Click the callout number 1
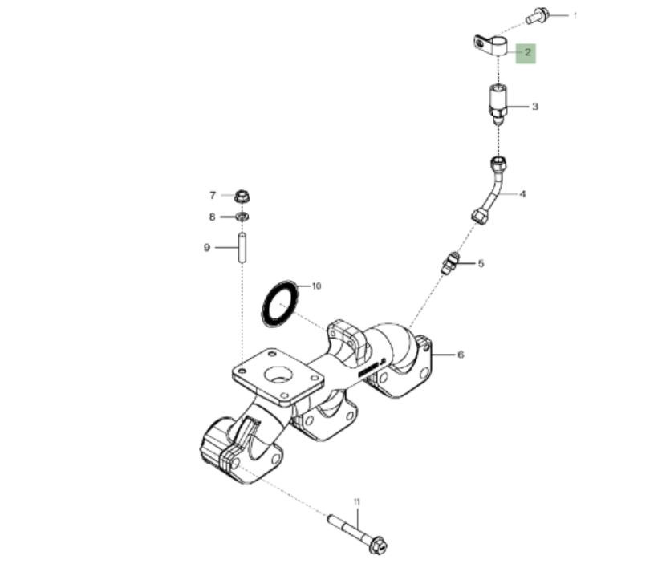click(x=575, y=16)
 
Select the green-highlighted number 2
click(x=527, y=53)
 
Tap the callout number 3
click(x=535, y=107)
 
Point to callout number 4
click(x=522, y=194)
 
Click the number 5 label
click(x=481, y=263)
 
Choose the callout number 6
click(x=461, y=355)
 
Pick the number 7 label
click(x=213, y=195)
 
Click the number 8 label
click(x=212, y=217)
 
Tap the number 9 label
click(x=207, y=247)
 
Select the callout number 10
click(x=316, y=286)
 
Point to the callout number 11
click(x=357, y=502)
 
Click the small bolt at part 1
click(x=537, y=16)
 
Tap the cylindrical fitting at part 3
click(x=498, y=103)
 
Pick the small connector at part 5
click(x=450, y=263)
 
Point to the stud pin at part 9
click(x=242, y=248)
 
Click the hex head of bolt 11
click(x=377, y=545)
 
